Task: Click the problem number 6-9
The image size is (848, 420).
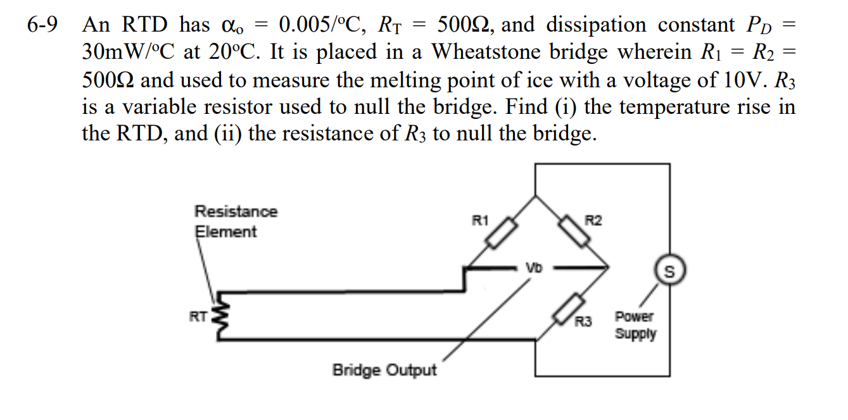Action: pos(42,25)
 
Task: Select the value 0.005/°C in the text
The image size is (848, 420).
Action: pos(322,25)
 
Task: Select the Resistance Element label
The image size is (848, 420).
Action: pos(234,221)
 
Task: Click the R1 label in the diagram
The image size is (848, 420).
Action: pos(481,221)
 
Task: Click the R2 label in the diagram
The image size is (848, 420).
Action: pos(593,221)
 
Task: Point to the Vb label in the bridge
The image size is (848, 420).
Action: pos(534,268)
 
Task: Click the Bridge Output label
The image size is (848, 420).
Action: pos(384,370)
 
